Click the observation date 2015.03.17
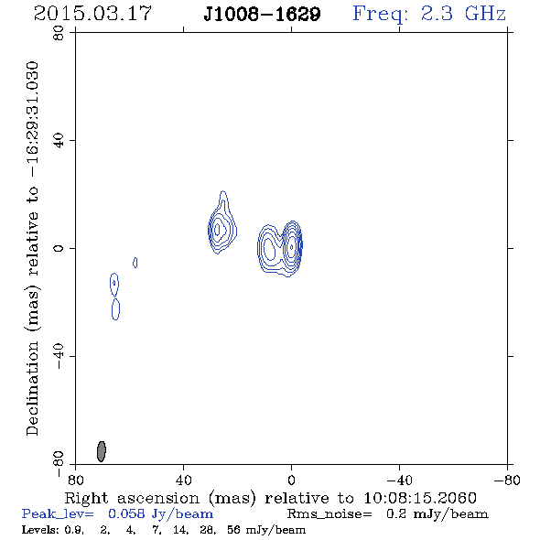[x=92, y=14]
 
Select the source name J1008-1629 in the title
[x=262, y=15]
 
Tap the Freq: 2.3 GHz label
[x=429, y=15]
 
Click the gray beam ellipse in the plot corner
[x=102, y=451]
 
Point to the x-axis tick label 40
[x=183, y=481]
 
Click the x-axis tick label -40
[x=399, y=481]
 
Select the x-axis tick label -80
[x=507, y=481]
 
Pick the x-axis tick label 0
[x=291, y=481]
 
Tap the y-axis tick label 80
[x=59, y=33]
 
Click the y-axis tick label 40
[x=59, y=141]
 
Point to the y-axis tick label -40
[x=59, y=356]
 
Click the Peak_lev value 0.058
[x=126, y=513]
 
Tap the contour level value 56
[x=233, y=529]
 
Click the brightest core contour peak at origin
[x=292, y=246]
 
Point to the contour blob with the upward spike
[x=222, y=224]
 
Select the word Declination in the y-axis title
[x=32, y=388]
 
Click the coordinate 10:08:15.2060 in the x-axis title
[x=420, y=498]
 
